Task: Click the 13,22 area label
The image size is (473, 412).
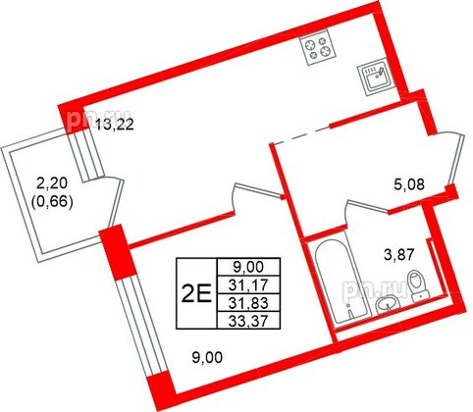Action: pos(114,124)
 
